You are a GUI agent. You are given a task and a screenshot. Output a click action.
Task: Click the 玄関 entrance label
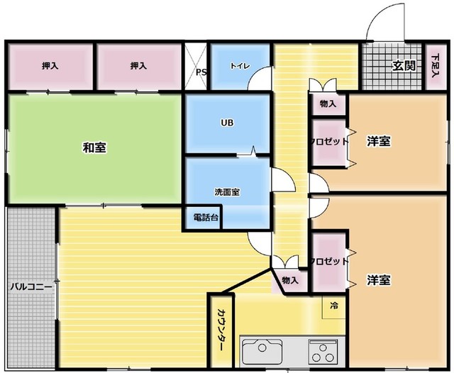click(404, 66)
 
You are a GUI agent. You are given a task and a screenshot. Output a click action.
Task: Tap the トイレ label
click(240, 66)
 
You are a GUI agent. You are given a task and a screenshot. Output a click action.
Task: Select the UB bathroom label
click(227, 123)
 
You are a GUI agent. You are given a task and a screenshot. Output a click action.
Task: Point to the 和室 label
click(94, 147)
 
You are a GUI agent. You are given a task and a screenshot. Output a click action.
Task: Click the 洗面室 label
click(227, 192)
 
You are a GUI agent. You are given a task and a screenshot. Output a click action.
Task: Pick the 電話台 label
click(206, 217)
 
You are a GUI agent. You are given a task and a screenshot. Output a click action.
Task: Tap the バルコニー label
click(31, 287)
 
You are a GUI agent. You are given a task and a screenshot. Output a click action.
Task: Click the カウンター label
click(221, 330)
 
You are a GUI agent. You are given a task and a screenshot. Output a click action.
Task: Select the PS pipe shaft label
click(201, 72)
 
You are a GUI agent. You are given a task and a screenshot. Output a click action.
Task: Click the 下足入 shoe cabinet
click(435, 66)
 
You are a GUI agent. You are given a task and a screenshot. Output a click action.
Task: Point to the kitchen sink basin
click(262, 351)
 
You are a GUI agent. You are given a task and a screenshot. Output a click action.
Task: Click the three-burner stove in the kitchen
click(323, 352)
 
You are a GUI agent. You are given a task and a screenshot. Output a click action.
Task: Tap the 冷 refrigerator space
click(334, 307)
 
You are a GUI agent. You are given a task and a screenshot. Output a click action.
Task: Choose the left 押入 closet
click(50, 66)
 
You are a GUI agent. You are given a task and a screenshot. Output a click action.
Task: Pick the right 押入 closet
click(139, 66)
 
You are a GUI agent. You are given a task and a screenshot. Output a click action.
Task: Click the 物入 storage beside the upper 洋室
click(328, 104)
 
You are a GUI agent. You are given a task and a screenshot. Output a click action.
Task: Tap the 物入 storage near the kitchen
click(290, 280)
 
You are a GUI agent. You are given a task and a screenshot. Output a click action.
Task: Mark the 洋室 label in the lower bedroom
click(378, 280)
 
